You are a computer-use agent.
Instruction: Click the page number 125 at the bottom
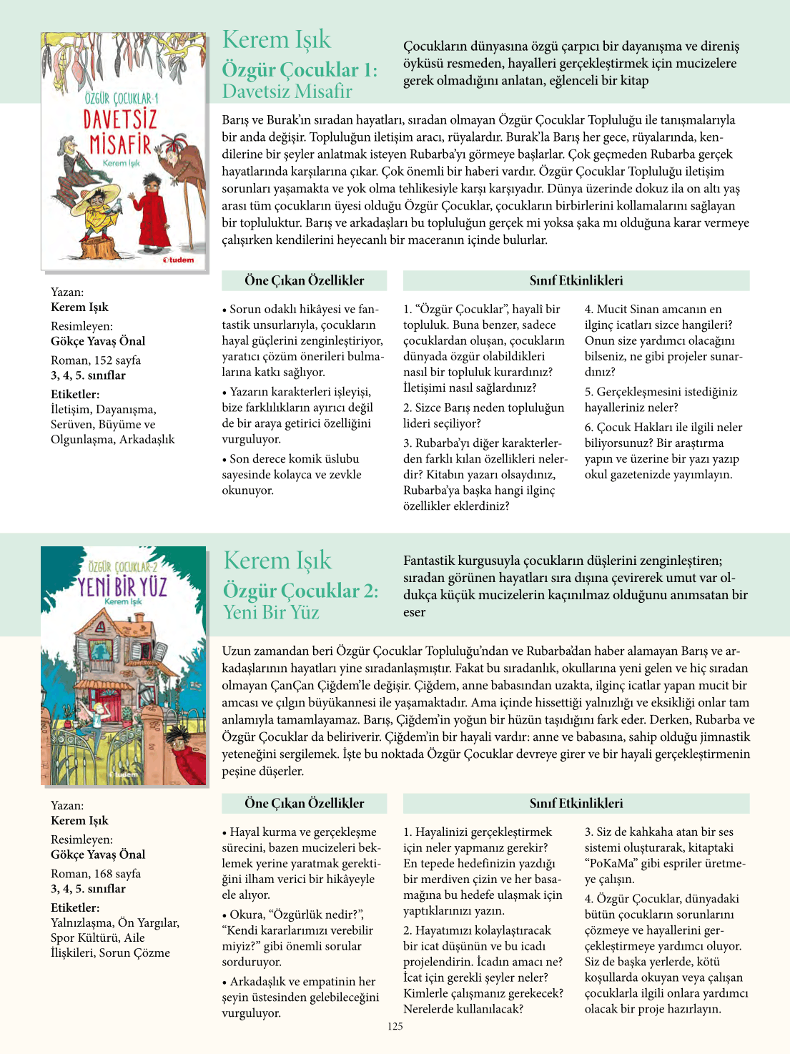(395, 1026)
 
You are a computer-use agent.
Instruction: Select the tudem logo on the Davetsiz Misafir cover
(178, 260)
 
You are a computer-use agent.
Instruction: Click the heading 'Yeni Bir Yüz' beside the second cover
(271, 613)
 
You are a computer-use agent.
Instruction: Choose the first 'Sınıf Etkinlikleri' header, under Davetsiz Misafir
(576, 280)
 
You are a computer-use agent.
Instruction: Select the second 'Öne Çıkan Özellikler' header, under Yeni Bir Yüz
(304, 803)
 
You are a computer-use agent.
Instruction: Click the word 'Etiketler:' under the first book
(75, 394)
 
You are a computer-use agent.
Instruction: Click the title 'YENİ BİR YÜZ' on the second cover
(123, 587)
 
